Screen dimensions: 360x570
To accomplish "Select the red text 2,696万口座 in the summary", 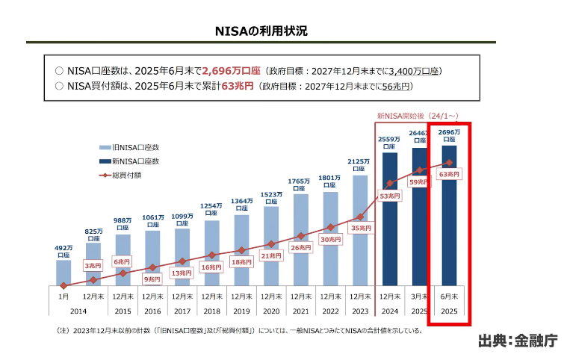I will pyautogui.click(x=231, y=71).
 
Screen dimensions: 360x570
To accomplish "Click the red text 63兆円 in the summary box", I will pyautogui.click(x=237, y=86).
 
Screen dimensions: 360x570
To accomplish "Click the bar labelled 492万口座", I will pyautogui.click(x=63, y=273).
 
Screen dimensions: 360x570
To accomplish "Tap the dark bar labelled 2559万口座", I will pyautogui.click(x=390, y=217).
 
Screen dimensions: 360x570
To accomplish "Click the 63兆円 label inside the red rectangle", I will pyautogui.click(x=450, y=174).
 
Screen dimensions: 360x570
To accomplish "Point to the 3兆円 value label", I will pyautogui.click(x=93, y=266).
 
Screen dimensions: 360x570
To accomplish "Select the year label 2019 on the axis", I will pyautogui.click(x=241, y=310).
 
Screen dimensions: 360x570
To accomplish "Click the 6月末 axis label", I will pyautogui.click(x=449, y=297).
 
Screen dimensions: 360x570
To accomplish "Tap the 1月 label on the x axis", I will pyautogui.click(x=63, y=297).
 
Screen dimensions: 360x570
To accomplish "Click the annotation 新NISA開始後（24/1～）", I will pyautogui.click(x=417, y=116).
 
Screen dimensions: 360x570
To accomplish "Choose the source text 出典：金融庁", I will pyautogui.click(x=518, y=341).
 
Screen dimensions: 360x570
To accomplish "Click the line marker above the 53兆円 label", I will pyautogui.click(x=390, y=184).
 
